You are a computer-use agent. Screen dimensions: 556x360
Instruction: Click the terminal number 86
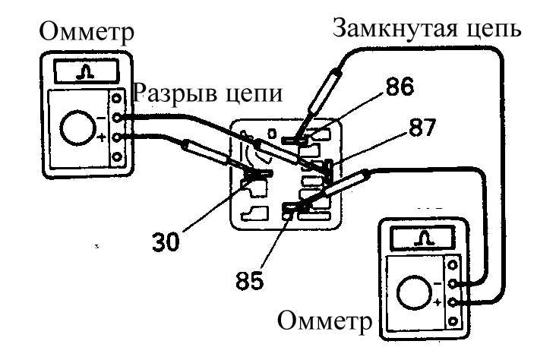(400, 86)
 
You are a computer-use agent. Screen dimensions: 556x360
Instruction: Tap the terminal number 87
(422, 128)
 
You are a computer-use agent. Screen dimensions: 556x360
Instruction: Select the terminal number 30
(166, 242)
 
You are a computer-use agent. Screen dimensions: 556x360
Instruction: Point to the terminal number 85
(250, 280)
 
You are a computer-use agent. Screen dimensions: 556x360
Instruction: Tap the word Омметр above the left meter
(87, 31)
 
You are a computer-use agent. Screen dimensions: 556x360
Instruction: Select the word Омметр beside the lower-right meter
(325, 321)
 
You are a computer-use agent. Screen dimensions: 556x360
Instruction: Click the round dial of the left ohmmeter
(78, 128)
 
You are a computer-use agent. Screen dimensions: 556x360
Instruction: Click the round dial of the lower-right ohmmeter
(414, 293)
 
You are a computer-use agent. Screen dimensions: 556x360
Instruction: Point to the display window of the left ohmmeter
(86, 71)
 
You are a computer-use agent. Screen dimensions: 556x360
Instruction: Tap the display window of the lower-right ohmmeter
(422, 238)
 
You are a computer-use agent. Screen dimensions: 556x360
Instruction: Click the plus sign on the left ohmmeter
(102, 137)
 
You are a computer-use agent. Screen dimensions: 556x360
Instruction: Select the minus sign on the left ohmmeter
(101, 118)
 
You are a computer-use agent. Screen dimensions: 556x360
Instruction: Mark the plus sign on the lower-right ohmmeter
(438, 302)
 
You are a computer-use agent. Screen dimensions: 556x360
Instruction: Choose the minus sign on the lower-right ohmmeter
(438, 284)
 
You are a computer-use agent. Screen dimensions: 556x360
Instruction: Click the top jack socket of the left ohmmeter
(117, 98)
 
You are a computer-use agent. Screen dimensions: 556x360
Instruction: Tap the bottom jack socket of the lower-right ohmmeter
(453, 322)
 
